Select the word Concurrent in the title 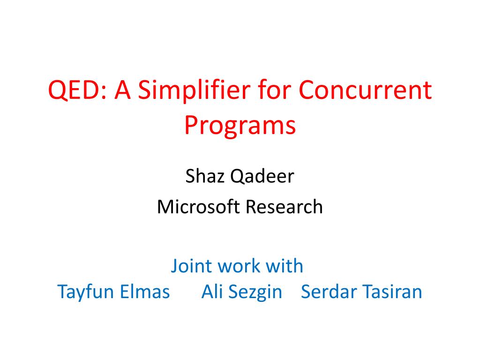tap(365, 90)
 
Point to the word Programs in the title tap(240, 126)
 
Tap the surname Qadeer tap(262, 176)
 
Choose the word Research tap(284, 207)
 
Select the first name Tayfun tap(85, 292)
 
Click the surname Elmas tap(145, 292)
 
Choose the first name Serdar tap(329, 292)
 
